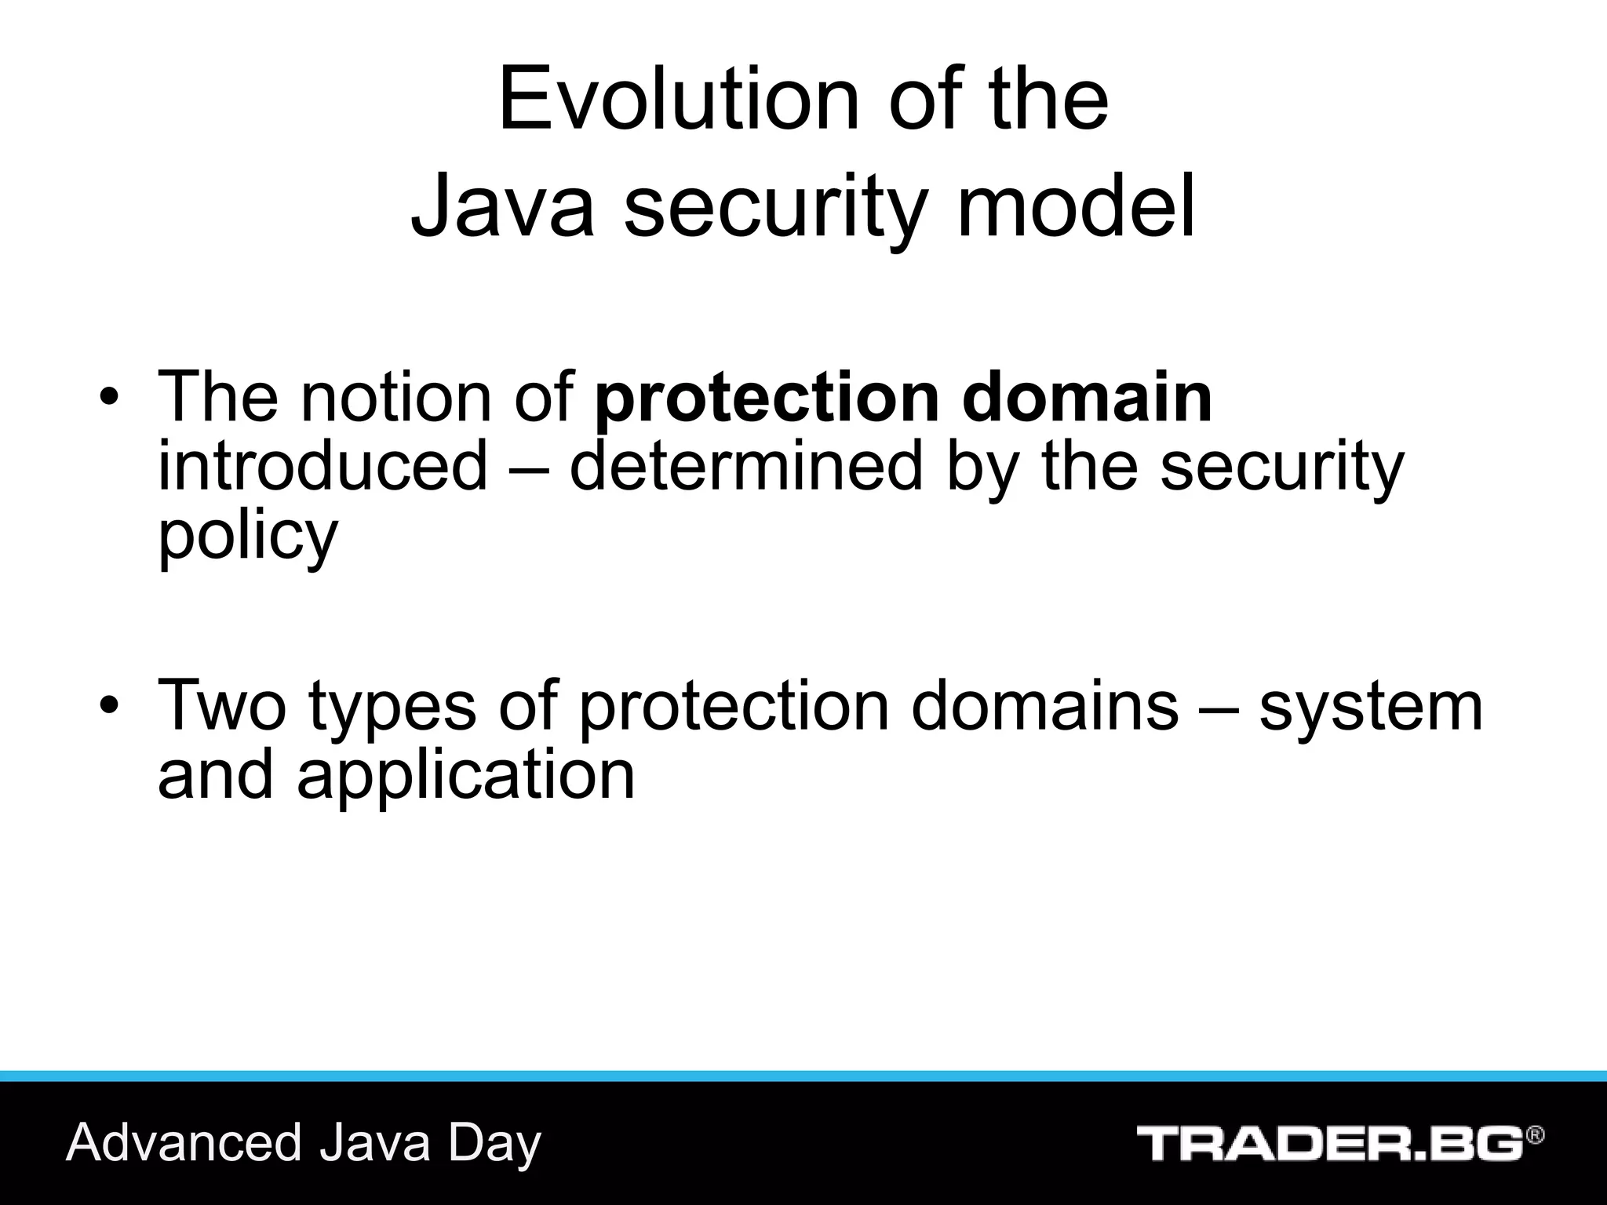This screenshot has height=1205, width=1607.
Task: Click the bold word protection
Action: [766, 399]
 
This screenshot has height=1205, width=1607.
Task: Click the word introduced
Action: [322, 466]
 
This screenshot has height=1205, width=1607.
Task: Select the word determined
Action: [745, 466]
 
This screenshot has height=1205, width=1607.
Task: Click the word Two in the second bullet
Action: [222, 704]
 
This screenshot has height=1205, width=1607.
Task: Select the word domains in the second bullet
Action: [1044, 704]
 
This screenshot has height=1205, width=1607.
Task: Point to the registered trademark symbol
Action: [1536, 1136]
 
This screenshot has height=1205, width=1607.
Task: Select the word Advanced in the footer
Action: [184, 1142]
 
